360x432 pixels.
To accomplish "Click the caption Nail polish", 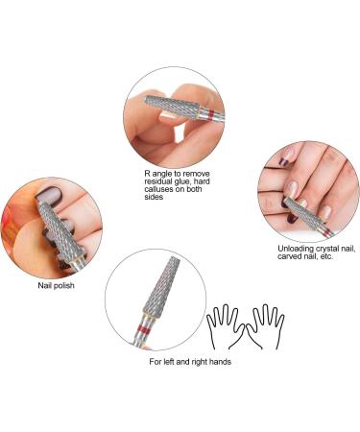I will (x=48, y=284).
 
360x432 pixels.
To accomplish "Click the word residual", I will (x=157, y=183).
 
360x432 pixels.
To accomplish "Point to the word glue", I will (x=188, y=183).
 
